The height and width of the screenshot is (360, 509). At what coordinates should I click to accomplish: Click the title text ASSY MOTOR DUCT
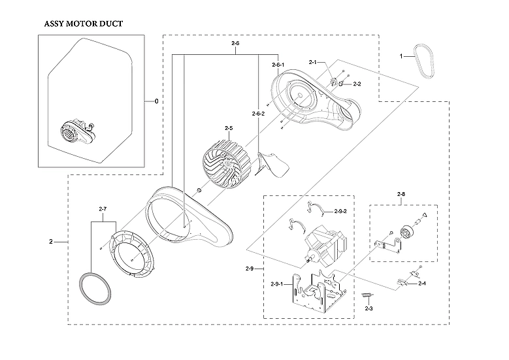coord(83,24)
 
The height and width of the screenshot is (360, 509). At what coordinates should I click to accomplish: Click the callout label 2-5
coord(229,128)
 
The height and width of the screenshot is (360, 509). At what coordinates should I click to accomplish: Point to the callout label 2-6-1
coord(278,65)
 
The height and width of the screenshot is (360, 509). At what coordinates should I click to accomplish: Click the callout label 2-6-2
coord(258,114)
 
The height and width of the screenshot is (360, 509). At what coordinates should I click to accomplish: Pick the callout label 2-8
coord(401,194)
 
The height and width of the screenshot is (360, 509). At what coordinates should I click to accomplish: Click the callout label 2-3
coord(369,308)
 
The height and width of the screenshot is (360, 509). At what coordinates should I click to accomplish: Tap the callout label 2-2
coord(357,84)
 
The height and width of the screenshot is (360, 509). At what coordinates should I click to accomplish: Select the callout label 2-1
coord(312,63)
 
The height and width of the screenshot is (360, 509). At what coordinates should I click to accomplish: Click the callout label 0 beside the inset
coord(156,101)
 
